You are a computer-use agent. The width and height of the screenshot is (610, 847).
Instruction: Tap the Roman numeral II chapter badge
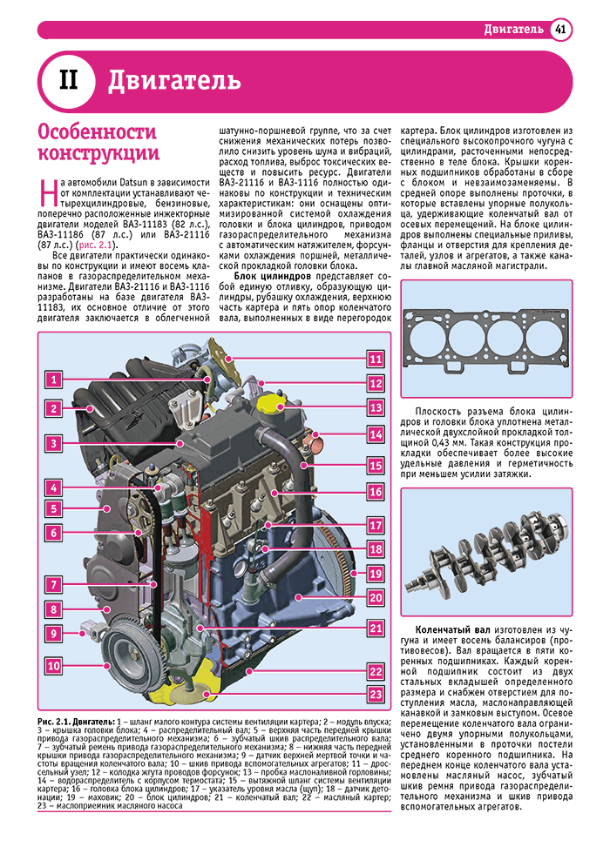pyautogui.click(x=69, y=82)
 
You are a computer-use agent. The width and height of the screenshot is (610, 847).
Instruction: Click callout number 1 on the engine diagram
pyautogui.click(x=54, y=380)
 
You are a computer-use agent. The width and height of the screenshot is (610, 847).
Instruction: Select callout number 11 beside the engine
pyautogui.click(x=375, y=359)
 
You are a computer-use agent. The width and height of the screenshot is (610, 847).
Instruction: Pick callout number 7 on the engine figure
pyautogui.click(x=54, y=585)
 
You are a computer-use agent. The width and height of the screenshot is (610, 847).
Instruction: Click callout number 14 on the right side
pyautogui.click(x=375, y=434)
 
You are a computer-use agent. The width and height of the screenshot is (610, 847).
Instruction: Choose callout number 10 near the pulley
pyautogui.click(x=54, y=666)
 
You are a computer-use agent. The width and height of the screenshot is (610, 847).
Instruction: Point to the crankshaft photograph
pyautogui.click(x=486, y=554)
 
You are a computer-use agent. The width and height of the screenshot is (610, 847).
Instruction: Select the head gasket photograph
pyautogui.click(x=486, y=339)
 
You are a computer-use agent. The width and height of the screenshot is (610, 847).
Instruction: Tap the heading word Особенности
pyautogui.click(x=97, y=132)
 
